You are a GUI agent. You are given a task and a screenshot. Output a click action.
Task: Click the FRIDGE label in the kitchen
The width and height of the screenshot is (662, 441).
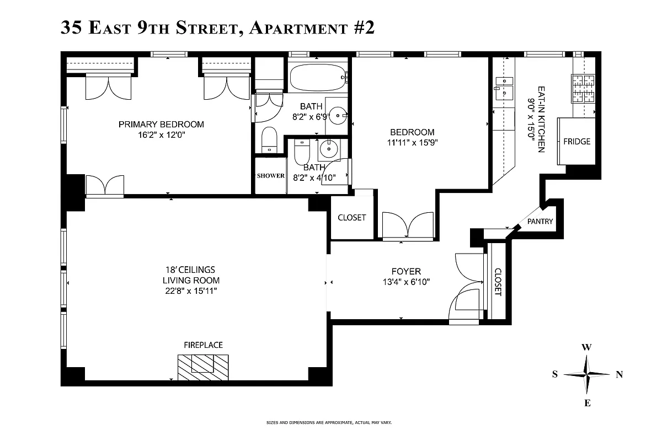click(x=576, y=142)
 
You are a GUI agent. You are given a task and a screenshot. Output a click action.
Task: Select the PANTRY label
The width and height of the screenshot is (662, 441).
click(x=540, y=222)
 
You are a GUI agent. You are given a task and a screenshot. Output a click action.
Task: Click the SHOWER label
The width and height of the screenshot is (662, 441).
click(x=270, y=176)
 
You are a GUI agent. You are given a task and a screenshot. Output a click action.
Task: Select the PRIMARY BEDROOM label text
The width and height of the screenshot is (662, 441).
click(x=161, y=125)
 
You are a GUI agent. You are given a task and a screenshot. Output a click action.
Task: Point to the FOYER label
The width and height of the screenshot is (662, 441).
click(x=405, y=271)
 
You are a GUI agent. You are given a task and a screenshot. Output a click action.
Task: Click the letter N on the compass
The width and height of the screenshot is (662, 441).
click(x=619, y=374)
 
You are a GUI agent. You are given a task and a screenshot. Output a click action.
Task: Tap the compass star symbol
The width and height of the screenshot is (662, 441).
click(x=587, y=374)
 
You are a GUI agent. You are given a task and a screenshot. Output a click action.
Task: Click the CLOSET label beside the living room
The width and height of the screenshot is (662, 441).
click(x=351, y=217)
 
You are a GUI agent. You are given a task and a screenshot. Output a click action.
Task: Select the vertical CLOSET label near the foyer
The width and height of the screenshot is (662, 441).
click(x=498, y=282)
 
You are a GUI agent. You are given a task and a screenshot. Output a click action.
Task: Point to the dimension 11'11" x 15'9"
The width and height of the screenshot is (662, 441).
click(x=412, y=142)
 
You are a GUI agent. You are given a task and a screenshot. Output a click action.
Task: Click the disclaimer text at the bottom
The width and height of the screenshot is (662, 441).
click(x=328, y=423)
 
